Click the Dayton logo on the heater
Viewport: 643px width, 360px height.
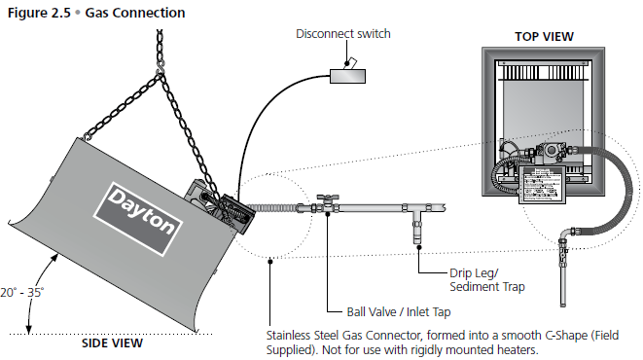click(x=138, y=219)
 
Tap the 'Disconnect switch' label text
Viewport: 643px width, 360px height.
click(x=343, y=34)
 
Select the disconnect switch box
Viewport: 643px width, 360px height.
click(x=347, y=76)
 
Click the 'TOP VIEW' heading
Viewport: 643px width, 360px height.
click(x=544, y=37)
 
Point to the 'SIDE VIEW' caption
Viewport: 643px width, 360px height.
click(x=112, y=343)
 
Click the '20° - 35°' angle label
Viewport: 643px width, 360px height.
click(x=22, y=292)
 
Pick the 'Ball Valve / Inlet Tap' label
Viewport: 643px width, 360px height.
click(x=399, y=312)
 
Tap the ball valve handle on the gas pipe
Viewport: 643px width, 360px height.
click(x=328, y=198)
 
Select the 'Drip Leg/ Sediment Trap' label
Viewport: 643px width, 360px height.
click(x=487, y=280)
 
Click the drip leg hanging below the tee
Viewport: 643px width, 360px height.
click(x=417, y=229)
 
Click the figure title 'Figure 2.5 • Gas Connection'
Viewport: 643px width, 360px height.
click(x=96, y=13)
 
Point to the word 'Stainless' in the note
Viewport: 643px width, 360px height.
click(x=289, y=336)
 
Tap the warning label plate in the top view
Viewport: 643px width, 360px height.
click(x=543, y=185)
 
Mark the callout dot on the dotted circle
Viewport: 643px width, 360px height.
click(x=269, y=261)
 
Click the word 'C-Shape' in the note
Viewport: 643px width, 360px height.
click(x=566, y=336)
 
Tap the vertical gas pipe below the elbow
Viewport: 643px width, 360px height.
click(x=563, y=279)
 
